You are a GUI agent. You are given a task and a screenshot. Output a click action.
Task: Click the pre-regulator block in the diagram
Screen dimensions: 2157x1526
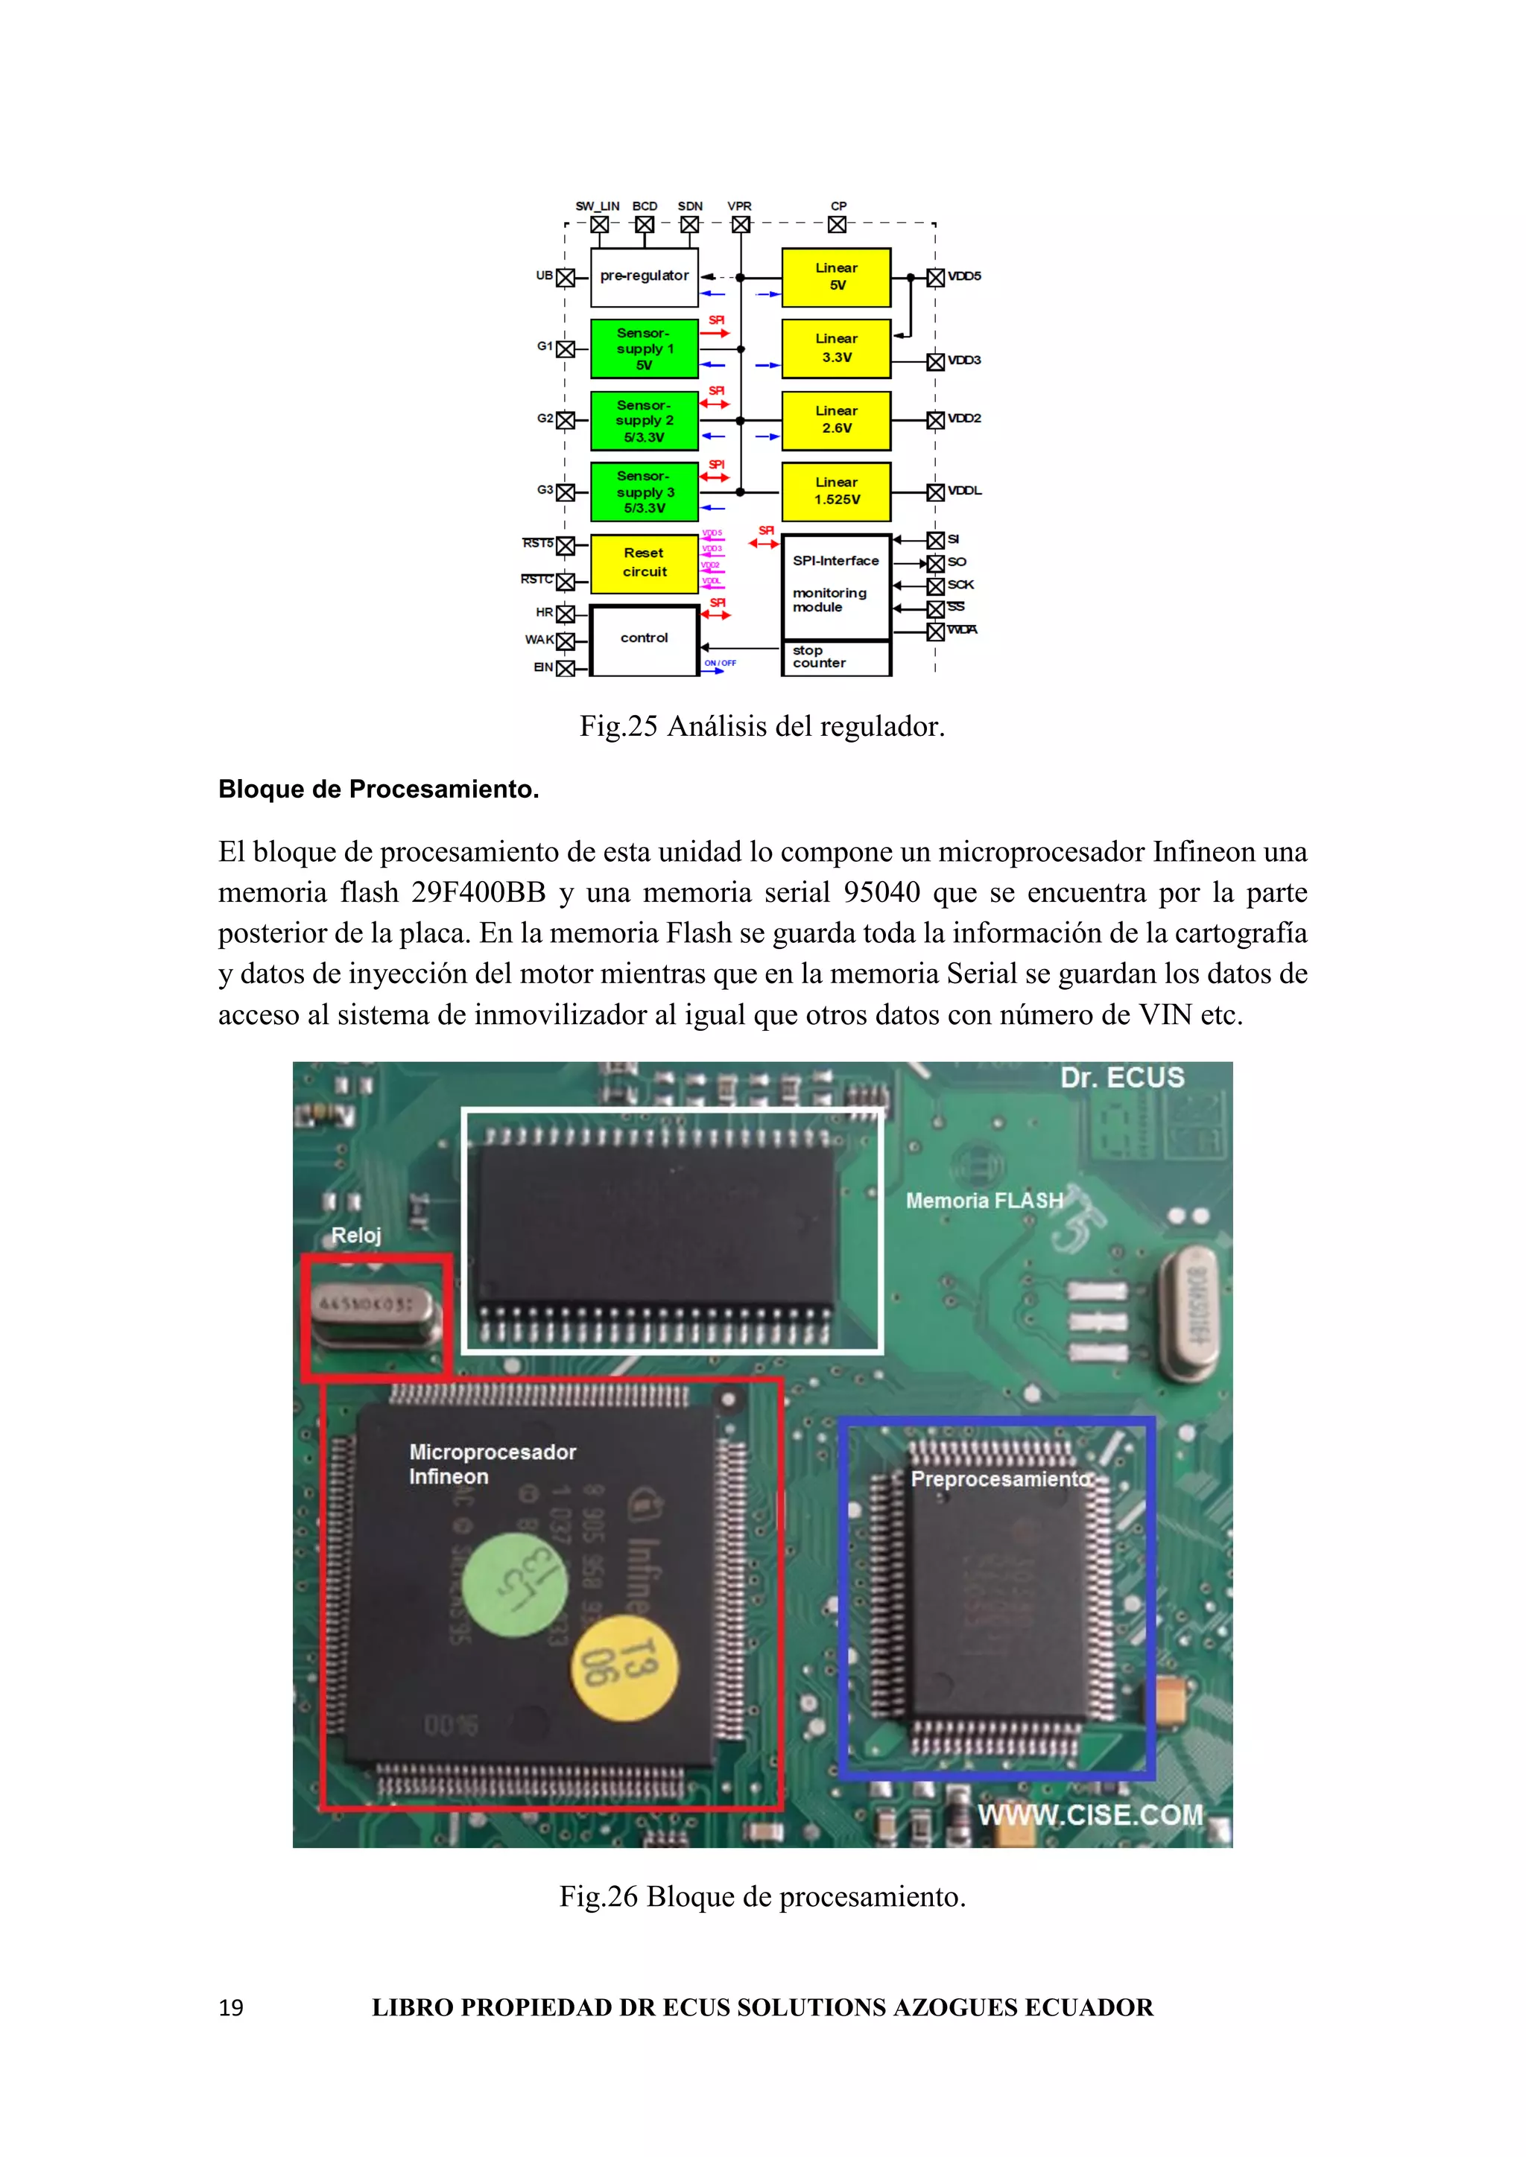(x=644, y=276)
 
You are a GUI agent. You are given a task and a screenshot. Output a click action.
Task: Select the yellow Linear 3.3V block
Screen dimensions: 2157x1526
(x=835, y=349)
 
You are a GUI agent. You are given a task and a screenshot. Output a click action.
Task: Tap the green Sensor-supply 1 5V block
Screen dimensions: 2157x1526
(x=644, y=349)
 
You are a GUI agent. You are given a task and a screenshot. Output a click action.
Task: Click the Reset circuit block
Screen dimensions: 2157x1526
(x=644, y=563)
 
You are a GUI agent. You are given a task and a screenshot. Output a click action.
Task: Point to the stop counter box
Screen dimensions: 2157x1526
(x=835, y=658)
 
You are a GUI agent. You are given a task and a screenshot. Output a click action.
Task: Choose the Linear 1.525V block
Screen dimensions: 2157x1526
(x=835, y=492)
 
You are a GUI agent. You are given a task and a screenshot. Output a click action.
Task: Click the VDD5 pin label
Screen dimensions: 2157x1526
(x=964, y=276)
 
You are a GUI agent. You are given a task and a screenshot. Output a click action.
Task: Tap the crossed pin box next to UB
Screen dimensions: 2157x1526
(x=566, y=278)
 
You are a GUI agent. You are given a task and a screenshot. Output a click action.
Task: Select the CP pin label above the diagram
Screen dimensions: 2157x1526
(x=838, y=206)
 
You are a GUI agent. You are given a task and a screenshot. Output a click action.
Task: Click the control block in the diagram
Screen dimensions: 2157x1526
(x=644, y=639)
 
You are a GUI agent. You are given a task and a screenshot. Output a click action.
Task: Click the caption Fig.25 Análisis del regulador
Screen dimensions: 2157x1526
(x=762, y=726)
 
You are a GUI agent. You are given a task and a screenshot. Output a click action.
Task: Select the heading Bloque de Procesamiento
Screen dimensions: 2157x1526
(x=379, y=790)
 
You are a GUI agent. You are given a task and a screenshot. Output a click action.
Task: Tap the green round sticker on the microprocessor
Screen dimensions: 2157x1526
(x=515, y=1585)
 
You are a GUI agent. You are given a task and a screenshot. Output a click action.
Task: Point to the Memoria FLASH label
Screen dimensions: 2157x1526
(x=984, y=1201)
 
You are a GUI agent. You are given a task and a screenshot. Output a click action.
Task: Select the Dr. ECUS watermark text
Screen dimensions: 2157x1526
(x=1122, y=1078)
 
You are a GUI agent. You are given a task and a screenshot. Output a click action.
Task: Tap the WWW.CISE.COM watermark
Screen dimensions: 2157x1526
(x=1090, y=1814)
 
